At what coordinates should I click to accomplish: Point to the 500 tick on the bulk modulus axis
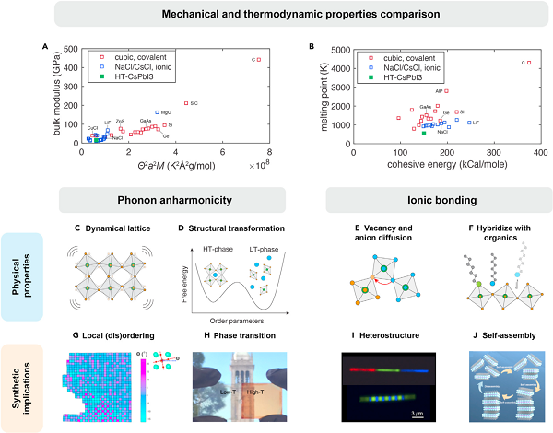pos(70,49)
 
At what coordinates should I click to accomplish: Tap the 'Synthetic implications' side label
pos(34,383)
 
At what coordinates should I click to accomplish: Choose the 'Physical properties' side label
pos(34,276)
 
